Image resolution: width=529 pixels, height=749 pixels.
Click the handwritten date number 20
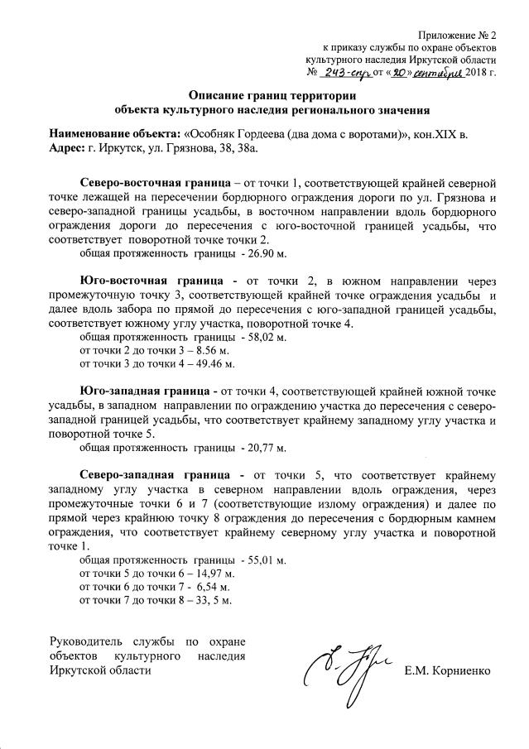coord(402,73)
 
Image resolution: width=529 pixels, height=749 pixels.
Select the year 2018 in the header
coord(478,73)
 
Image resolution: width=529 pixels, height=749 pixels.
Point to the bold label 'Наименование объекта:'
coord(113,134)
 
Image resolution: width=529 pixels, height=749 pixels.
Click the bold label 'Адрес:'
coord(67,147)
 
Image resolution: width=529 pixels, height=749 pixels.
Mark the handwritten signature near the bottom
coord(342,670)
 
